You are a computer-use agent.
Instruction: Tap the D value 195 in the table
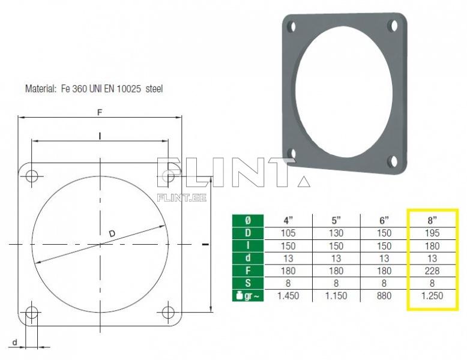tap(432, 233)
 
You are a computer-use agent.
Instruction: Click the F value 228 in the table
tap(432, 271)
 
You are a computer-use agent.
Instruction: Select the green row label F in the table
tap(248, 271)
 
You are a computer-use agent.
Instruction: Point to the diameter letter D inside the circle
tap(112, 233)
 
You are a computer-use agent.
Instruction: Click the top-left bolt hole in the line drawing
tap(32, 176)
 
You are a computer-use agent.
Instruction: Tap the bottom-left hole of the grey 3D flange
tap(291, 153)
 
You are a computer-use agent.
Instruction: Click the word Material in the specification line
tap(40, 88)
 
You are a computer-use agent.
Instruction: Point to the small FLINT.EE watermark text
tap(181, 196)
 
